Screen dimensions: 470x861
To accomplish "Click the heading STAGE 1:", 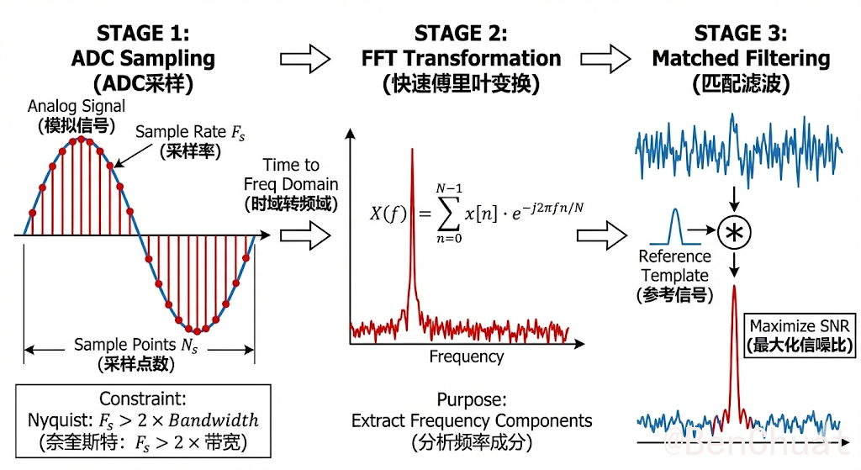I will [143, 34].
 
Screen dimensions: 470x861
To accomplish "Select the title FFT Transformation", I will [460, 59].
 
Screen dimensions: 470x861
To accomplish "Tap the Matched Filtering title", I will [741, 59].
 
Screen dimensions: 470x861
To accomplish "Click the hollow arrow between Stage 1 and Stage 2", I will [306, 60].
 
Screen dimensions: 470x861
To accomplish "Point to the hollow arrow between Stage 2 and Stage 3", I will [608, 60].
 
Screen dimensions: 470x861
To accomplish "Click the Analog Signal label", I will [77, 107].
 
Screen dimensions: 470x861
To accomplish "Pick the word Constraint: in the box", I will [143, 399].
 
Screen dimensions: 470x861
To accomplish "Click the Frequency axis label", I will [467, 356].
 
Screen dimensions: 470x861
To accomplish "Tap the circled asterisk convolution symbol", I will [736, 233].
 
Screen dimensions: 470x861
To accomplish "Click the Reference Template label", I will [675, 266].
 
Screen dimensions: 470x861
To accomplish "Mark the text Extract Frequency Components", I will [472, 420].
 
